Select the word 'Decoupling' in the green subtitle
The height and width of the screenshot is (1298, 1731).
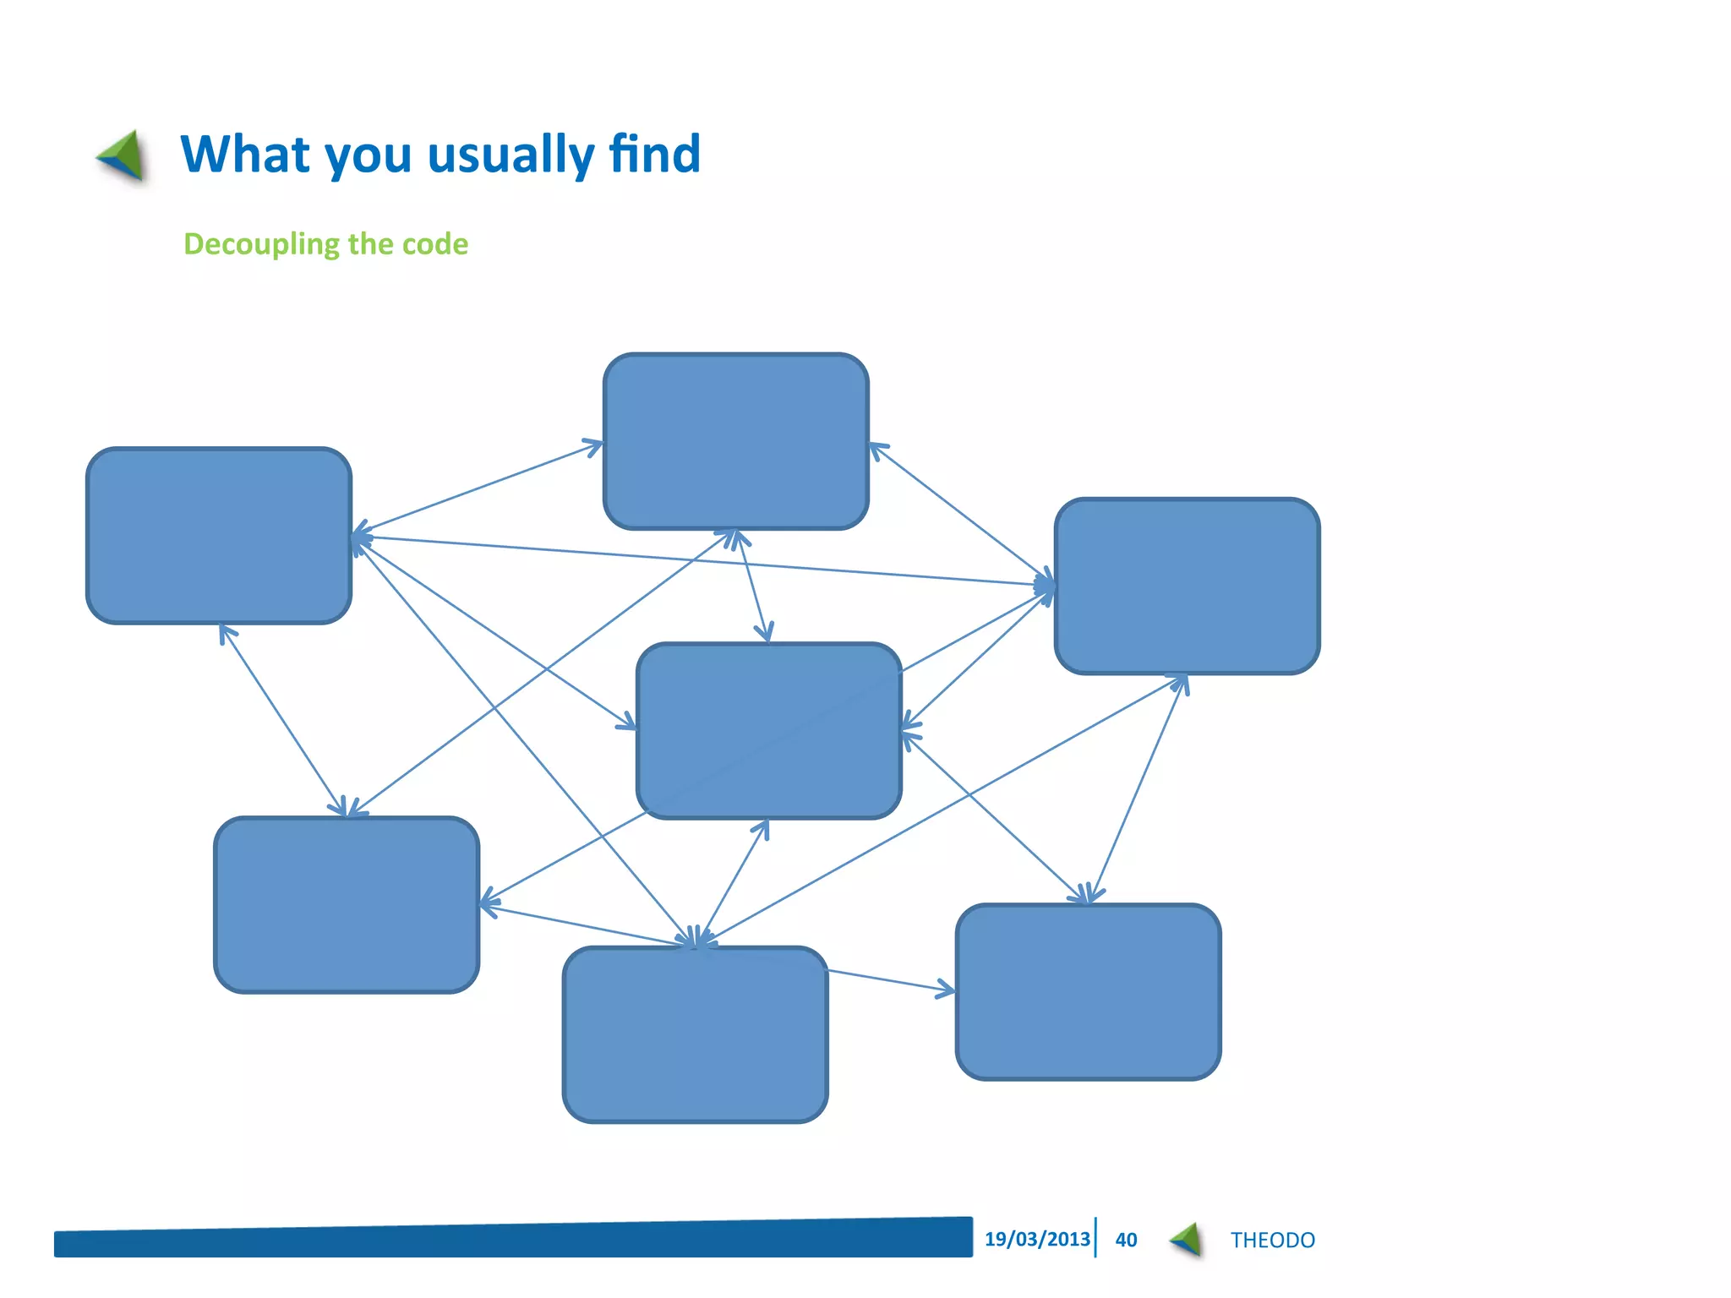pos(261,244)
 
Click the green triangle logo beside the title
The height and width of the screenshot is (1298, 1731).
pos(122,155)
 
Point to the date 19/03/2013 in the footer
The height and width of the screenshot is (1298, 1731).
pos(1036,1239)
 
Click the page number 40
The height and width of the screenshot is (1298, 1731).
pos(1126,1240)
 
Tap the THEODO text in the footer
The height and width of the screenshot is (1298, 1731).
pos(1272,1240)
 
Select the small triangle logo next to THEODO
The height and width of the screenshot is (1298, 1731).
pos(1188,1240)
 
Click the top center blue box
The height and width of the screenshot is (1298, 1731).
pos(735,441)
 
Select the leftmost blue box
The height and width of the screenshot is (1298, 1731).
pos(219,536)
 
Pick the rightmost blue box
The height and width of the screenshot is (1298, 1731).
pos(1187,586)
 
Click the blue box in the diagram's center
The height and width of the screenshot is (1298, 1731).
pos(768,731)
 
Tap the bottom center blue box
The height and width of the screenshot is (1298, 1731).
pos(695,1034)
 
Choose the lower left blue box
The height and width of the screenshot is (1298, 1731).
pos(347,904)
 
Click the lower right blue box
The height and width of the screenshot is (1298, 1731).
pos(1088,991)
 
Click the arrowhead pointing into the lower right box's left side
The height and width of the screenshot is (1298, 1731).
pos(947,989)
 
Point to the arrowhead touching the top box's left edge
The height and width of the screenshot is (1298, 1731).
pos(594,444)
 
